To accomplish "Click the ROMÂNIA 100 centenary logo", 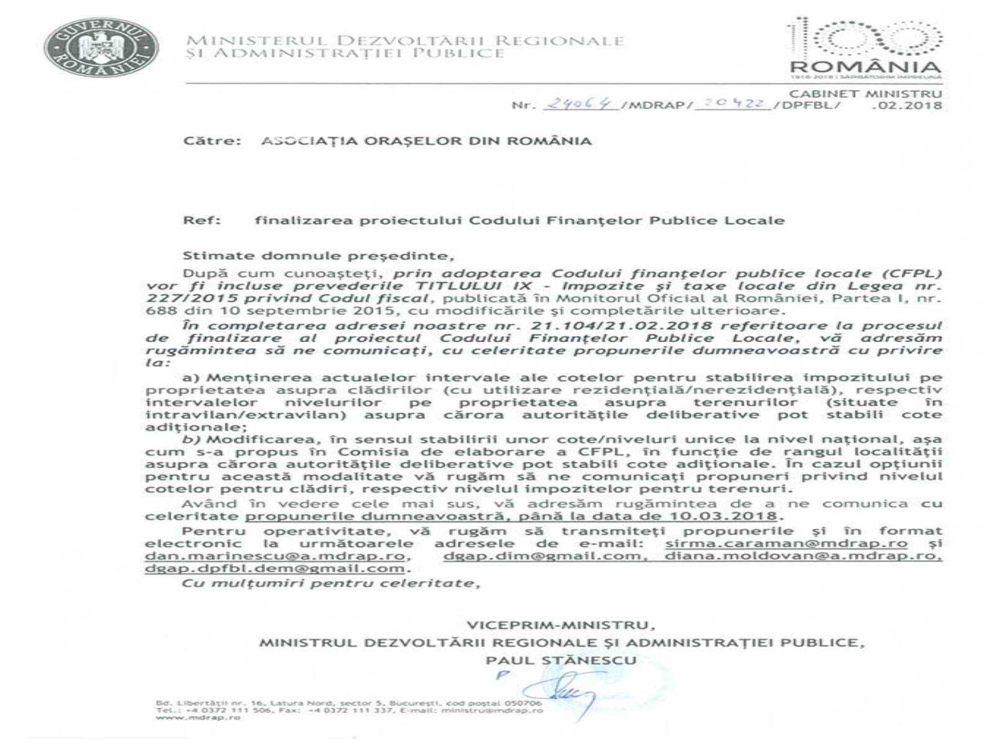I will click(x=864, y=47).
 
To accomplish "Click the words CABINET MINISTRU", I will click(x=865, y=94).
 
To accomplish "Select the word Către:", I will click(x=212, y=140).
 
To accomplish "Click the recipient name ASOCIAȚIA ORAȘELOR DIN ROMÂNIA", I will click(x=426, y=140).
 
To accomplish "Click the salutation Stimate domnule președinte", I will click(x=315, y=256).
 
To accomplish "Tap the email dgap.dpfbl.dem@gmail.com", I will click(x=275, y=568).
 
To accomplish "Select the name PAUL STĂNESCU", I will click(x=561, y=660).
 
